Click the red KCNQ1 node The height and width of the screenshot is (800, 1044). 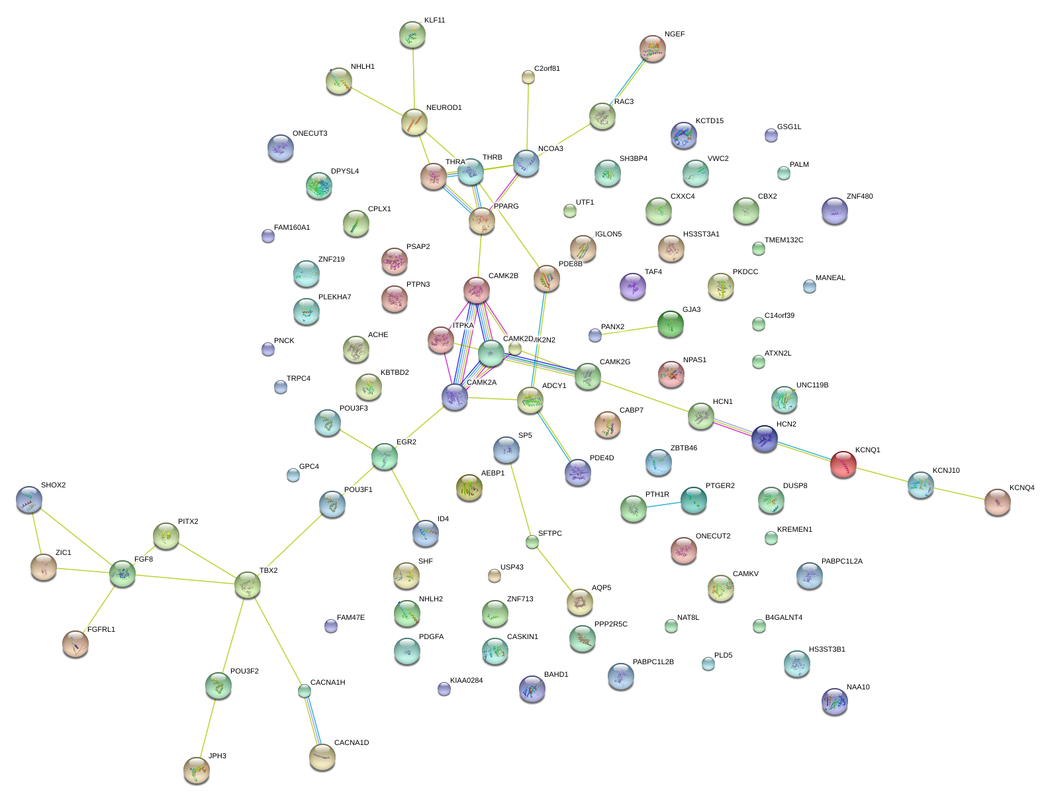(843, 464)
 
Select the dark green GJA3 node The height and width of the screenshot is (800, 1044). (670, 324)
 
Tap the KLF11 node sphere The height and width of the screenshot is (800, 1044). (412, 34)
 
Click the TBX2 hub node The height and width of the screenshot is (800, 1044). (247, 585)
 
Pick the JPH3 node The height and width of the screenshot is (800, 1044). (196, 770)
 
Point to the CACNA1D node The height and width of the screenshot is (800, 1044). (322, 757)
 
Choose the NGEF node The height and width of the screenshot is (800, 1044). (652, 48)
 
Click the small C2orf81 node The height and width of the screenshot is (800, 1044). (528, 77)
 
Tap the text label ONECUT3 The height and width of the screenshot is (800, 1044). (310, 134)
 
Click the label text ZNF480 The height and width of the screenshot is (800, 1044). (859, 197)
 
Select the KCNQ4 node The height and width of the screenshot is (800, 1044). (997, 502)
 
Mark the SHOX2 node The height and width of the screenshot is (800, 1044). (28, 499)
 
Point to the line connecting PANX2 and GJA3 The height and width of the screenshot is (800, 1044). (632, 330)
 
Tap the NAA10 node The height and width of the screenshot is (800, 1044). (834, 701)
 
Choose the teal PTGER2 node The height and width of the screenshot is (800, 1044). (693, 500)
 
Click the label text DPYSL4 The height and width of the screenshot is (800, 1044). (344, 172)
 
